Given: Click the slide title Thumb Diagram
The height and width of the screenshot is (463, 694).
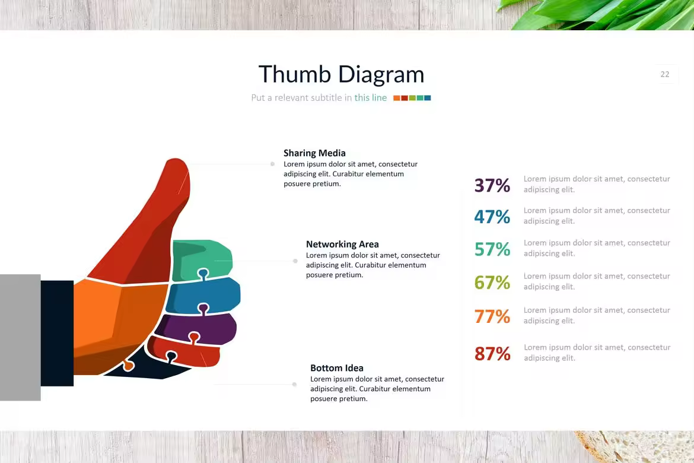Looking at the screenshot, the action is (341, 74).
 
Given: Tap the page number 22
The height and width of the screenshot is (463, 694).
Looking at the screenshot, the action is (665, 74).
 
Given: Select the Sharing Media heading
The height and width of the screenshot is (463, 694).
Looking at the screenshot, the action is (314, 153).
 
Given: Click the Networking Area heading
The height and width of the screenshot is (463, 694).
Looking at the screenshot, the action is (342, 244).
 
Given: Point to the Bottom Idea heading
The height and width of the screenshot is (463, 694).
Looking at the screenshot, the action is (337, 368).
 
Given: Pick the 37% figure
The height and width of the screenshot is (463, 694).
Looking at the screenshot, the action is (492, 185).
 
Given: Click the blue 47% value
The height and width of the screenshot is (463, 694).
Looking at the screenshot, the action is (492, 217).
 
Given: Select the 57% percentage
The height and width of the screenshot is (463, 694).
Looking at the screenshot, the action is (492, 249).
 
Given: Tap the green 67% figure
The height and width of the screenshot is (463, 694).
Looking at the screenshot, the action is (492, 282).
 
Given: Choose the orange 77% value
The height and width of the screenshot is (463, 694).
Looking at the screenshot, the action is (492, 316).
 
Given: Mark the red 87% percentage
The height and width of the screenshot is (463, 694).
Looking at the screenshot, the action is (492, 354).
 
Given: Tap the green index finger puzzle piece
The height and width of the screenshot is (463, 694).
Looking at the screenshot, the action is (202, 259).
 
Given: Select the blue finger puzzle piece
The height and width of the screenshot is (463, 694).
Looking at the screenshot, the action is (203, 294).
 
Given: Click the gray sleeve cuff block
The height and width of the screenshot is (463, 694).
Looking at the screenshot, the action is (20, 337).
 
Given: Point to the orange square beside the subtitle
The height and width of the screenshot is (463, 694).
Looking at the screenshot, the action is (397, 98).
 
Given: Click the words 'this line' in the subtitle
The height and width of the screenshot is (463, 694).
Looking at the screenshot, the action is (371, 97).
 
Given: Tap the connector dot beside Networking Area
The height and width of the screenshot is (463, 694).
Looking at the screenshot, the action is (295, 261).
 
